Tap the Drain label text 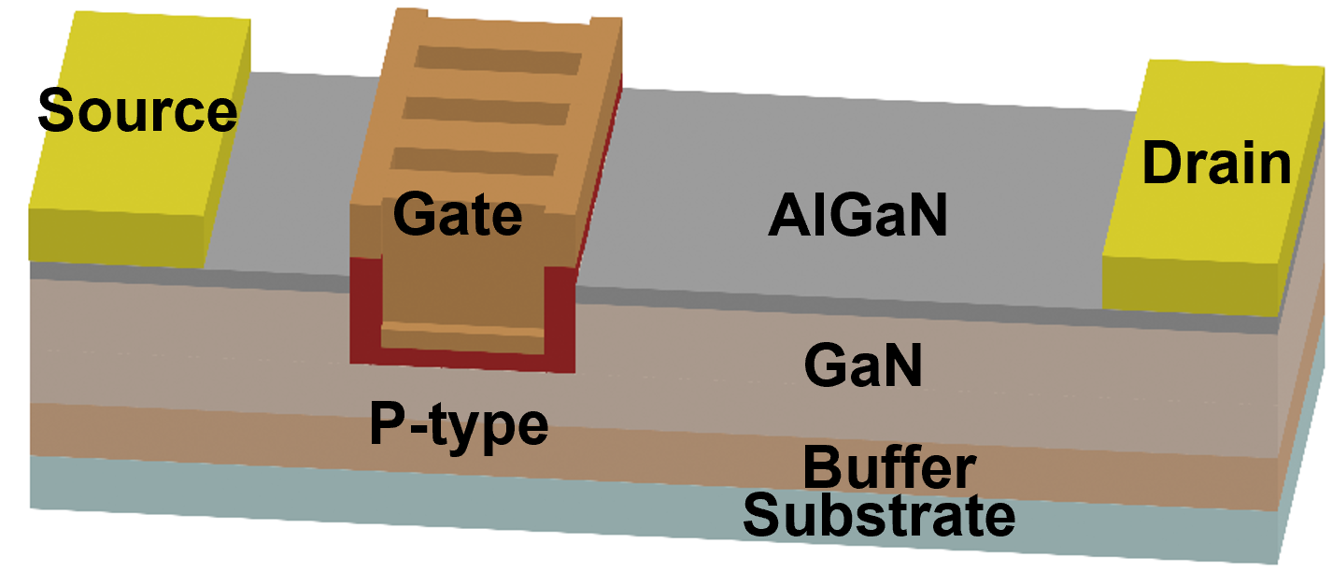tap(1216, 164)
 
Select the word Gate tap(457, 216)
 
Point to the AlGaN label tap(857, 219)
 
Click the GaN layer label tap(863, 367)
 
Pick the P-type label tap(458, 426)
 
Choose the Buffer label tap(889, 467)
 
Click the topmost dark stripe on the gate tap(497, 62)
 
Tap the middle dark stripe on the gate tap(486, 111)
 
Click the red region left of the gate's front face tap(366, 308)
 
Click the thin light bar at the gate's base tap(463, 332)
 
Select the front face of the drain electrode tap(1189, 284)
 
